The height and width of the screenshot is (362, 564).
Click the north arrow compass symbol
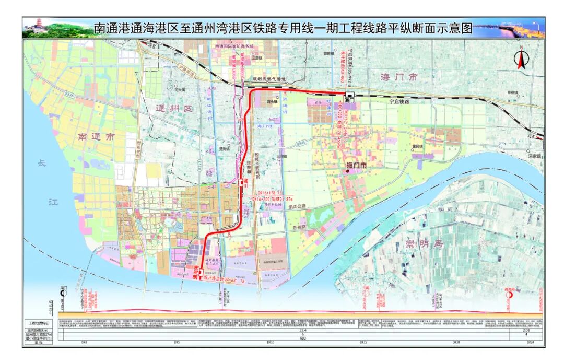tap(521, 58)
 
